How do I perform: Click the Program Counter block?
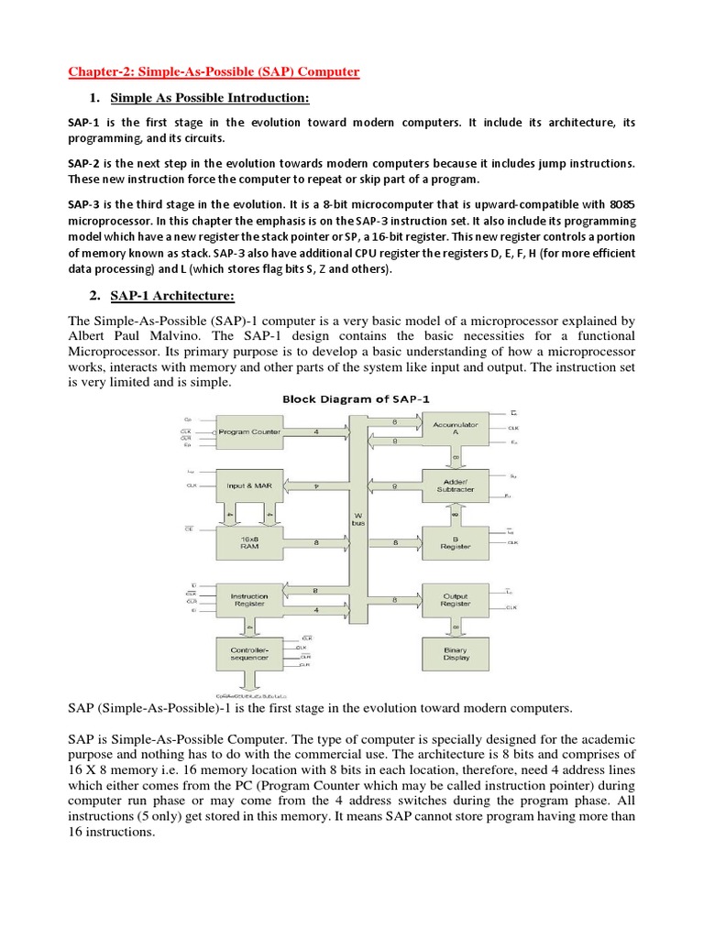[x=247, y=431]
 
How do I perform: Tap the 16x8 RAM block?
[x=247, y=542]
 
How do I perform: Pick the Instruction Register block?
[x=247, y=599]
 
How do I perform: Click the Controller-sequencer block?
[x=247, y=654]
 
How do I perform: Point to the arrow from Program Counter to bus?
[x=314, y=431]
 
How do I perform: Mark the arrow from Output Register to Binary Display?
[x=456, y=627]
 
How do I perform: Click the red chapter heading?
[x=214, y=71]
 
